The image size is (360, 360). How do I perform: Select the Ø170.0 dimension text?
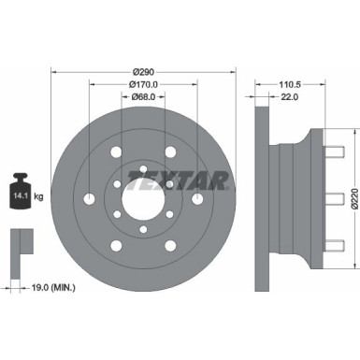click(143, 83)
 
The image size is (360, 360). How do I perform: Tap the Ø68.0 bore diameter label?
click(143, 95)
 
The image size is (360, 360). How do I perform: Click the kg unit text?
click(39, 195)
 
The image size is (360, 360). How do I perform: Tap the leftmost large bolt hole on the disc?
click(88, 198)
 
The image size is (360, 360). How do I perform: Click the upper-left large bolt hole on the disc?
click(114, 151)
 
